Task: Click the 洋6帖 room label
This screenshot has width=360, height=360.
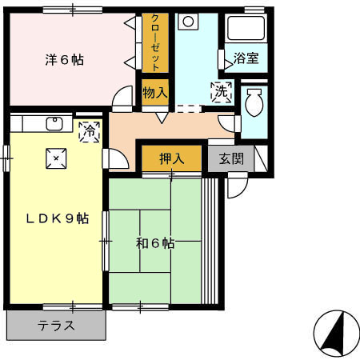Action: (63, 60)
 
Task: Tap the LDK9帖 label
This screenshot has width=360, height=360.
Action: (55, 218)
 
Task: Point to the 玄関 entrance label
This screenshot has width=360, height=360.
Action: (232, 158)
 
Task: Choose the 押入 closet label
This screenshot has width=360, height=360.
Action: (172, 158)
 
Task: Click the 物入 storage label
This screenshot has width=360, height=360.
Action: (155, 92)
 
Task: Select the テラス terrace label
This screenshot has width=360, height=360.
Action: (56, 326)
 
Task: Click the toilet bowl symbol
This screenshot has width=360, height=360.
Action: (254, 104)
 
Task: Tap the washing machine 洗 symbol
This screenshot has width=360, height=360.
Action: (220, 92)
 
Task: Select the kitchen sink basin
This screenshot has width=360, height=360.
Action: (54, 124)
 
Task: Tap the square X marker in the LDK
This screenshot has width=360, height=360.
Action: (55, 158)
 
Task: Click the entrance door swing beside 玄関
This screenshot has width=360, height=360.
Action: (237, 186)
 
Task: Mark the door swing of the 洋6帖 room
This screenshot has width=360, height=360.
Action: (122, 99)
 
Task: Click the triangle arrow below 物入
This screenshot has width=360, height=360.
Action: (162, 118)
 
